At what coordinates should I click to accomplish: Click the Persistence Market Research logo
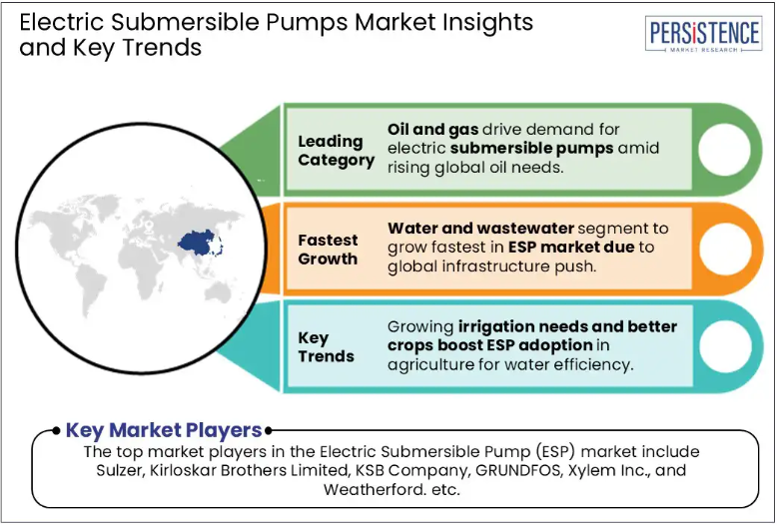(704, 33)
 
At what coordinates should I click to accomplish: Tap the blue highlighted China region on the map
(198, 243)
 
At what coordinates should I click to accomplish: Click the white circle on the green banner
(724, 150)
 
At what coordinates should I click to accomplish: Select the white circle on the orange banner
(724, 249)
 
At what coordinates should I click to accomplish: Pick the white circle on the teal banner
(724, 346)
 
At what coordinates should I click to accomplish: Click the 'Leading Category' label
(337, 151)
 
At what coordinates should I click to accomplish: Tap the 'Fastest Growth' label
(328, 250)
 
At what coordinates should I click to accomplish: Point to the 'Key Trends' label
(326, 346)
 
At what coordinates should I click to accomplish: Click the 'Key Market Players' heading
(164, 430)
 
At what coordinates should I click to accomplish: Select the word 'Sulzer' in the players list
(119, 470)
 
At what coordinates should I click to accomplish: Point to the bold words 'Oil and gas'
(432, 130)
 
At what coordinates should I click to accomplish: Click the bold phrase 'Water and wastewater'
(480, 229)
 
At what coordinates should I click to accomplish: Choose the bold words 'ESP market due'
(571, 248)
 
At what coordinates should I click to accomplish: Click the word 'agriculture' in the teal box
(430, 365)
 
